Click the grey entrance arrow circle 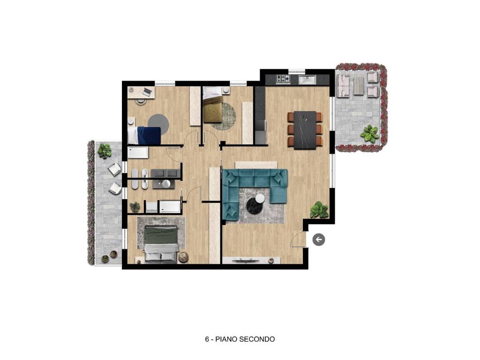(319, 240)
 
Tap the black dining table (305, 130)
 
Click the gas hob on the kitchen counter (283, 79)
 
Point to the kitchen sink (307, 80)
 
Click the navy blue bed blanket (149, 135)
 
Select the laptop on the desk (147, 91)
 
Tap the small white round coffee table (260, 198)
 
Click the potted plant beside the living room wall (319, 210)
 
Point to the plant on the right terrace (369, 134)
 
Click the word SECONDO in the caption (257, 339)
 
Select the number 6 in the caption (207, 339)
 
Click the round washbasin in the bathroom (166, 183)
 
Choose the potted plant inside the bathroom (135, 207)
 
